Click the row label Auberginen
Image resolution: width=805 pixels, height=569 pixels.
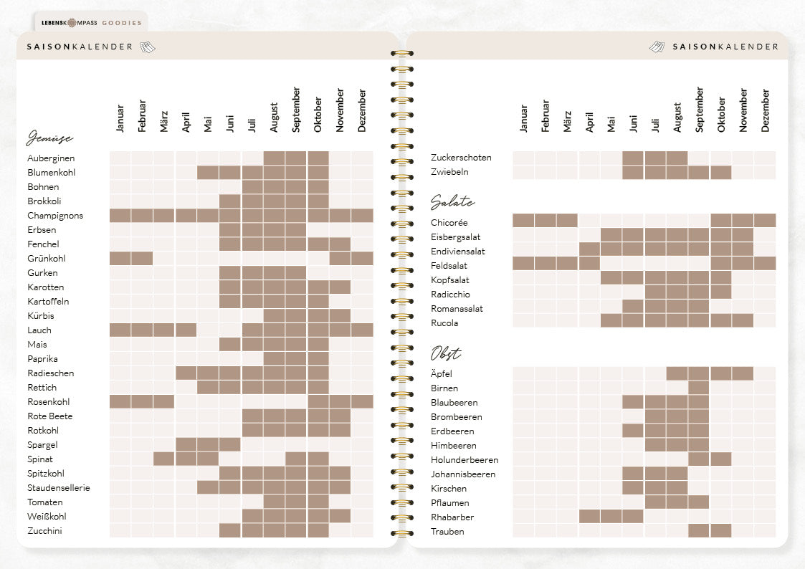pyautogui.click(x=51, y=158)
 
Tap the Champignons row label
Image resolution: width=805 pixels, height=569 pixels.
pyautogui.click(x=55, y=216)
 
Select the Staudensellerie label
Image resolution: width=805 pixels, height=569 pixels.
pyautogui.click(x=59, y=488)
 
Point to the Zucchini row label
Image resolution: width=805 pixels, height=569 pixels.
pyautogui.click(x=44, y=531)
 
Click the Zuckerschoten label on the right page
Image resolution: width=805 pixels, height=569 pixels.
pyautogui.click(x=461, y=158)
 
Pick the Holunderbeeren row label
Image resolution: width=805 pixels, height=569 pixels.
pyautogui.click(x=465, y=460)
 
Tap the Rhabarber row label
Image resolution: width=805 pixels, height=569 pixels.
pyautogui.click(x=452, y=517)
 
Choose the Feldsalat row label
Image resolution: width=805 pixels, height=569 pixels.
pyautogui.click(x=449, y=266)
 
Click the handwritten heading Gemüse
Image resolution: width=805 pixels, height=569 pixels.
pyautogui.click(x=49, y=138)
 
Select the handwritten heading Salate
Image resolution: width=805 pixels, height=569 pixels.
pyautogui.click(x=452, y=202)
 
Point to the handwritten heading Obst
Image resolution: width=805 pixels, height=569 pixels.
pyautogui.click(x=446, y=353)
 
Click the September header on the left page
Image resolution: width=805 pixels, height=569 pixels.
pyautogui.click(x=296, y=110)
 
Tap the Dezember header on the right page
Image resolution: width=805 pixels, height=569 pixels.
pyautogui.click(x=766, y=111)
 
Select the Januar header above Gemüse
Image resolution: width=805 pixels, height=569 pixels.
pyautogui.click(x=120, y=118)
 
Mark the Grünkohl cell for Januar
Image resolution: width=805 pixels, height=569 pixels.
pyautogui.click(x=120, y=259)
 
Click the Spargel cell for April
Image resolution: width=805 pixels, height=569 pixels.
pyautogui.click(x=186, y=444)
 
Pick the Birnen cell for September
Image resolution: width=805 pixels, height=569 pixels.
pyautogui.click(x=699, y=388)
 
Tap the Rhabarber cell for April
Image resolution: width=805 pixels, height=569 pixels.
pyautogui.click(x=589, y=516)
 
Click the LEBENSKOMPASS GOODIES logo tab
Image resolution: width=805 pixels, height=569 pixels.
pyautogui.click(x=91, y=23)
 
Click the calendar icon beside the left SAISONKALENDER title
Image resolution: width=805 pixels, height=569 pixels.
pyautogui.click(x=148, y=47)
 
